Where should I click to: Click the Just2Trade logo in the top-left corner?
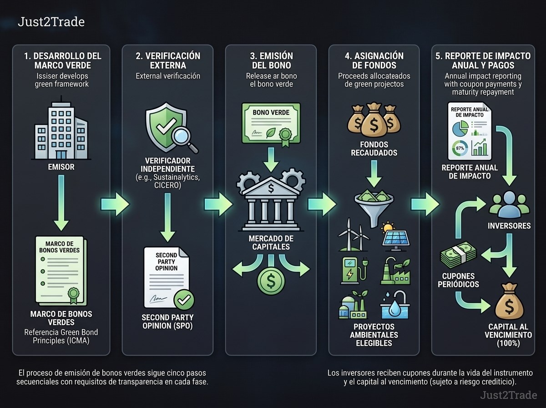51,22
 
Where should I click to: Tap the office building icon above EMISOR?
61,131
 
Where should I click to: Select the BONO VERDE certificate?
271,124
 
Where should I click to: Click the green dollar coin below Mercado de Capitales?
271,281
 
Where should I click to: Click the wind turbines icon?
353,235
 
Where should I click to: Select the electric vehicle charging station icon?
354,270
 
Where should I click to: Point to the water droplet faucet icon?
395,305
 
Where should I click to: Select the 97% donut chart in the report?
460,148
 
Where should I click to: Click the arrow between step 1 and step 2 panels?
116,204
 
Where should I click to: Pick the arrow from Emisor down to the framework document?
61,203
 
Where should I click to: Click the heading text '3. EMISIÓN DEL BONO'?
271,61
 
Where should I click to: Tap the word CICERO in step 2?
167,185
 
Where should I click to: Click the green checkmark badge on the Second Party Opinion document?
184,300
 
